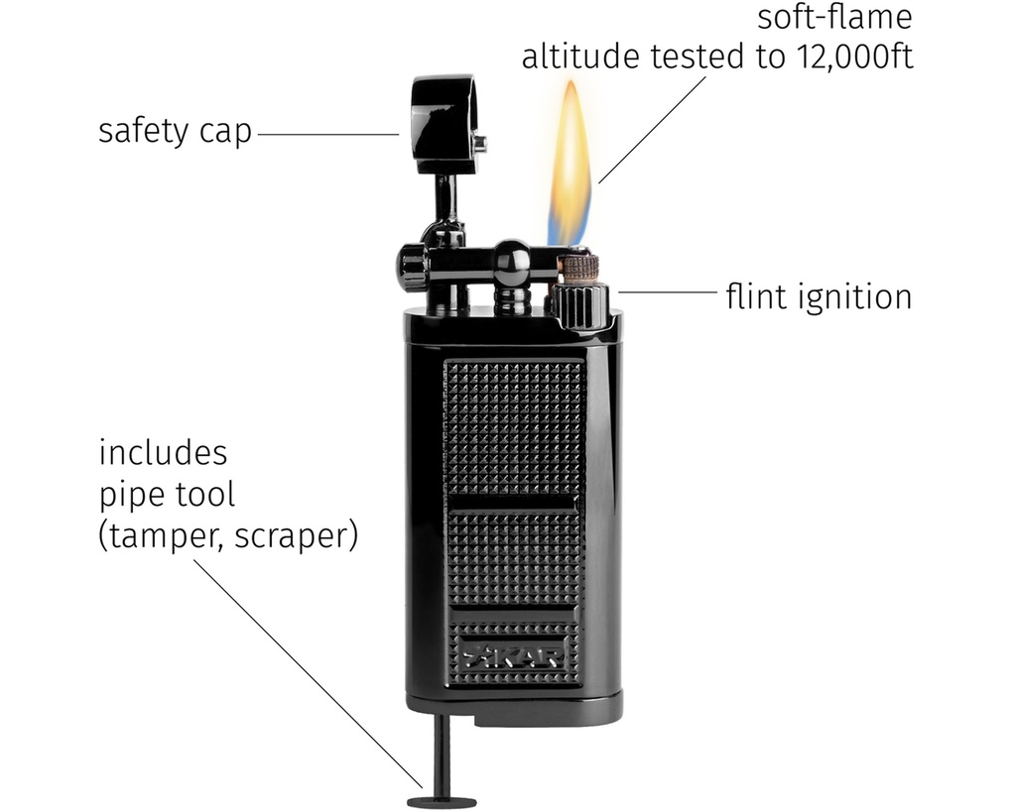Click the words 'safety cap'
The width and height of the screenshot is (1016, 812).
(x=175, y=132)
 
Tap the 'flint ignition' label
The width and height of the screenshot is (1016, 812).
(x=818, y=295)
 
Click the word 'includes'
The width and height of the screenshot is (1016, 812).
(x=163, y=453)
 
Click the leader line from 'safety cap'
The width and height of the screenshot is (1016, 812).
(x=327, y=134)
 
